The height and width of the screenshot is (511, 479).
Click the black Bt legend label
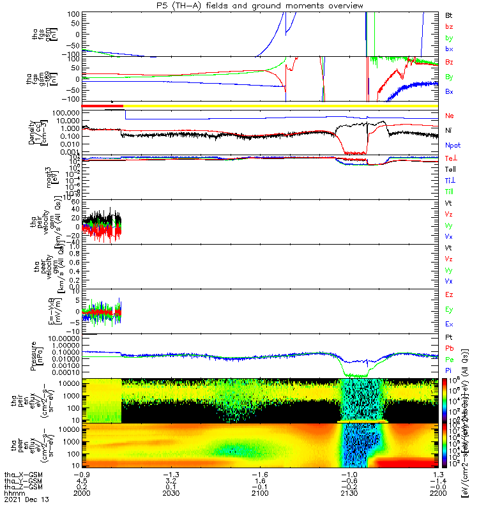[450, 14]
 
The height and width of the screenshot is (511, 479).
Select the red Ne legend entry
[450, 116]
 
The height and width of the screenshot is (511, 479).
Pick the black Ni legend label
[449, 130]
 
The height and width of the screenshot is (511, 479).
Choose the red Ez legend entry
[449, 295]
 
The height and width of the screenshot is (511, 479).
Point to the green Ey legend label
[449, 310]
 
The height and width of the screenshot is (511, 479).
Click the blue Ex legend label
[449, 324]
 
